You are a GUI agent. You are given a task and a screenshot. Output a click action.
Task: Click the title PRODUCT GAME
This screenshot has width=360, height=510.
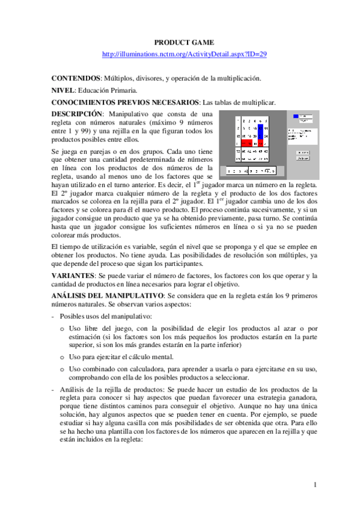click(180, 43)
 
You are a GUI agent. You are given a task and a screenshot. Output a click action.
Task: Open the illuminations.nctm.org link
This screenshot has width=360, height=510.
click(185, 54)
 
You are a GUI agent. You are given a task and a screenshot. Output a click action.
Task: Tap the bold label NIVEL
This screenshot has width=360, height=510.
click(63, 90)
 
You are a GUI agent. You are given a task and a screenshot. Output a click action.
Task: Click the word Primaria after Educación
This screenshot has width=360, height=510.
click(124, 90)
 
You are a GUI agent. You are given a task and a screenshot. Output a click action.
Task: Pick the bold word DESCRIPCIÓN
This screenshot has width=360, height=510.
click(77, 114)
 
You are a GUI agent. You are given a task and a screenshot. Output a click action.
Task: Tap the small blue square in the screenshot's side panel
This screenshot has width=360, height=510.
click(295, 116)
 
